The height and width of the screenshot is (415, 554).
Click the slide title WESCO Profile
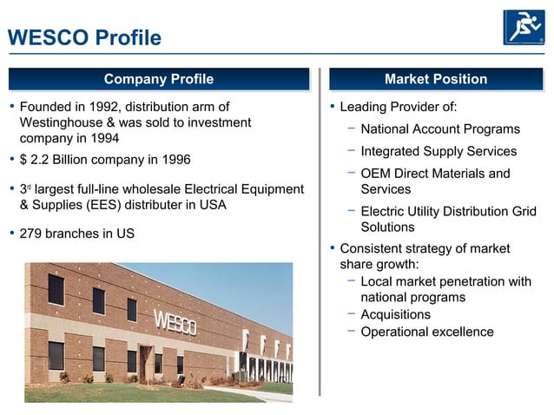[84, 38]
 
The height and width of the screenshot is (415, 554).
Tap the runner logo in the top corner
[524, 27]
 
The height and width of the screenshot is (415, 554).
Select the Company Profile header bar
[159, 79]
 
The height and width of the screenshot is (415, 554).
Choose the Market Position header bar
[435, 79]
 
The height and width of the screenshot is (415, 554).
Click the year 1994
[103, 138]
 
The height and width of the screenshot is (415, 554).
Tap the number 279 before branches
[30, 234]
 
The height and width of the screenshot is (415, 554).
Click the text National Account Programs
[440, 129]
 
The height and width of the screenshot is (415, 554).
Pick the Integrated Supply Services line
[439, 151]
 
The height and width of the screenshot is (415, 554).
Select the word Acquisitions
[395, 314]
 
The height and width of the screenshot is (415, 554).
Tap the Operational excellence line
[426, 332]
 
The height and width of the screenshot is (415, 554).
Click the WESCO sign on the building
[175, 323]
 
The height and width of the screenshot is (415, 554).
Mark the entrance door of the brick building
[146, 364]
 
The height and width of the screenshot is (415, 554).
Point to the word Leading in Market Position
[363, 108]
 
